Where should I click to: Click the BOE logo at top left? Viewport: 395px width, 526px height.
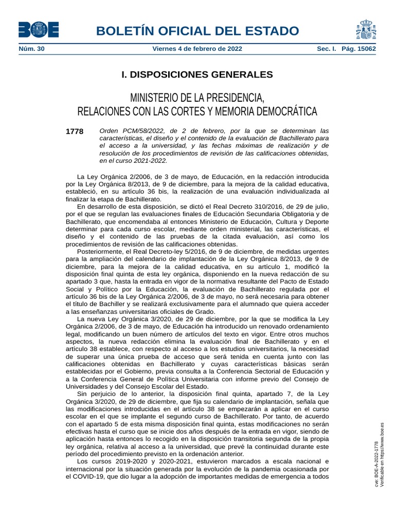click(38, 30)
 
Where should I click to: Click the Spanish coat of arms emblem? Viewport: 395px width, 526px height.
click(366, 30)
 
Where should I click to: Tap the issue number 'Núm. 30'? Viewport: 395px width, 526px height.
click(31, 49)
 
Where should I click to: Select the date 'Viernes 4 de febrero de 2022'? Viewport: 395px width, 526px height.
click(197, 49)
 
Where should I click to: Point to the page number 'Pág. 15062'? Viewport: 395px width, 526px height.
click(358, 49)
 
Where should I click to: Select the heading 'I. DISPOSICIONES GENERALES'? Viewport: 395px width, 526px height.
click(197, 74)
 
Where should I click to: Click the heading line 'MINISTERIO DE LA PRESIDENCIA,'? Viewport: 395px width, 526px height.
click(197, 98)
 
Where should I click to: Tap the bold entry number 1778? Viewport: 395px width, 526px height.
click(75, 131)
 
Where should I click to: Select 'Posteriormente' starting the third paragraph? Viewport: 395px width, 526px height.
click(100, 252)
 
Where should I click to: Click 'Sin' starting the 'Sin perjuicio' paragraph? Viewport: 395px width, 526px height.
click(82, 394)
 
